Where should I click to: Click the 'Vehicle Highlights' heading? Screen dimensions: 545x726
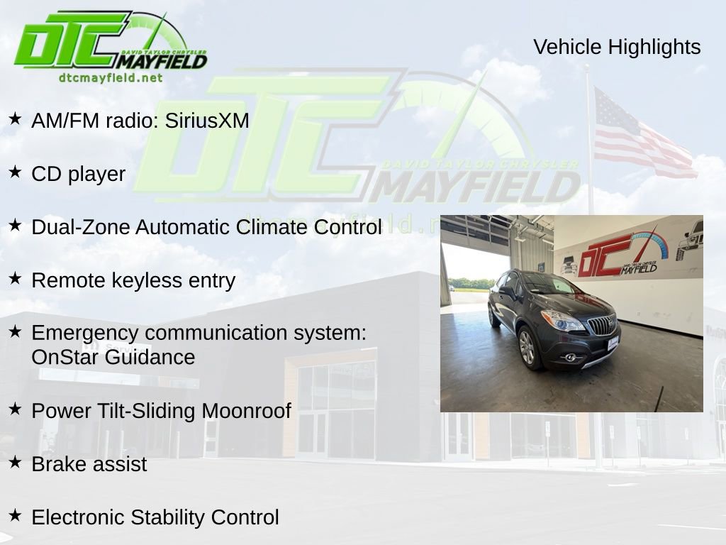pos(617,47)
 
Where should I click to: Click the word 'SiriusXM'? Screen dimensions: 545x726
pos(207,121)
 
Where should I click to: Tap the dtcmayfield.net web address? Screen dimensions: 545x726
pos(111,78)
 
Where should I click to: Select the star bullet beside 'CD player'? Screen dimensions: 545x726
pos(15,172)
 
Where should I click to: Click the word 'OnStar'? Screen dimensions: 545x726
pos(65,357)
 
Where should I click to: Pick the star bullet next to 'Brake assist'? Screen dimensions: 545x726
pos(15,463)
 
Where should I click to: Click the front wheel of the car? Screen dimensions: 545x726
pos(527,348)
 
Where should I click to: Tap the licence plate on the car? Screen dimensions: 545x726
pos(613,343)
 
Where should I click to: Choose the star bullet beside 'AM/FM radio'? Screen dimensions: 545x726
pos(15,119)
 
